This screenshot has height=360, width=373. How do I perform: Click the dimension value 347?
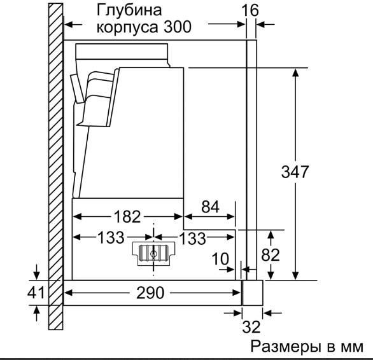coord(295,172)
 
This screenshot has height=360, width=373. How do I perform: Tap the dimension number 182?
coord(127,217)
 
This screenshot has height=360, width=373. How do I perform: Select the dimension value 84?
coord(210,207)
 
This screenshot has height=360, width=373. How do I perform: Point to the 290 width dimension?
coord(150,293)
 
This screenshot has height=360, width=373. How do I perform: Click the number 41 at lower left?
coord(36,292)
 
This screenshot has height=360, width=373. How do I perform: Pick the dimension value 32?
coord(251,327)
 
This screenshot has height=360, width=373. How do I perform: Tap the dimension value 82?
coord(271,255)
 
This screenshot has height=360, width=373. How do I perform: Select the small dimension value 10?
coord(220,259)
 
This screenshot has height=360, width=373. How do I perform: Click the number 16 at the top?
coord(250,10)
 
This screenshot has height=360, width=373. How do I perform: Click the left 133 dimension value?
coord(111,237)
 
